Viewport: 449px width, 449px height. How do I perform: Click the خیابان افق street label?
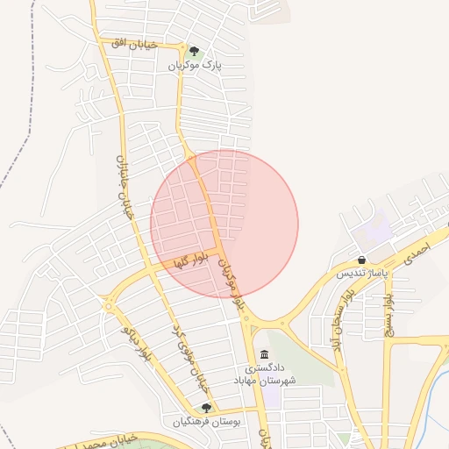point(134,43)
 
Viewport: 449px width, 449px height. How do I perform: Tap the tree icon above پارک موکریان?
point(195,50)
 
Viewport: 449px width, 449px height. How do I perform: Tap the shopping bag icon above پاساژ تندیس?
point(362,260)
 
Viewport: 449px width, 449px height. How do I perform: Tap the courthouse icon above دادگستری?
point(265,354)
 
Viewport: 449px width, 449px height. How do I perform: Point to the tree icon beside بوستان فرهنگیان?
point(206,408)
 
